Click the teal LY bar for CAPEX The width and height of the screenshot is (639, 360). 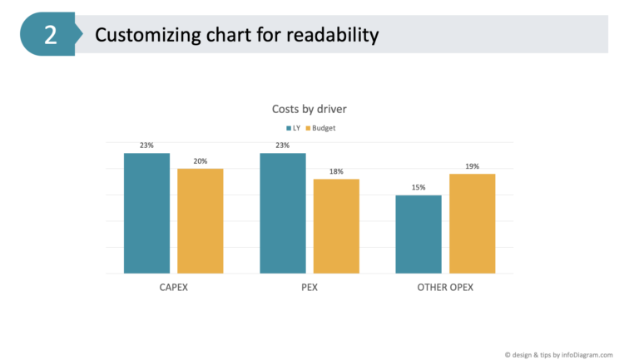(x=146, y=213)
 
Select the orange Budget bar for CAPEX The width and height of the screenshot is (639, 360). (x=200, y=221)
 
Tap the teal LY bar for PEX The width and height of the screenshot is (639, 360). (x=283, y=213)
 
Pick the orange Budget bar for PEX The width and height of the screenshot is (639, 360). (x=336, y=226)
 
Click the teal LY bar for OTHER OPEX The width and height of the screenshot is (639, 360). (x=419, y=234)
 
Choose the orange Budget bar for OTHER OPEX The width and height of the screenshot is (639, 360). (x=472, y=224)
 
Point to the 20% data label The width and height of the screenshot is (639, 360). (x=201, y=161)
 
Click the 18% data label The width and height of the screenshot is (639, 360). (x=336, y=171)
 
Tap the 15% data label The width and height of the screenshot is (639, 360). (x=419, y=187)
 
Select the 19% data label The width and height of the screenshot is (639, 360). (x=472, y=166)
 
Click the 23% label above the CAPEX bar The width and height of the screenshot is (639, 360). (x=146, y=145)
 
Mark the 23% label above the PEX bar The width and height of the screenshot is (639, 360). (x=283, y=145)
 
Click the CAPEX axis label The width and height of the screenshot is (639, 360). (x=173, y=288)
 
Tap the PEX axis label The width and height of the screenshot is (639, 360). (x=310, y=288)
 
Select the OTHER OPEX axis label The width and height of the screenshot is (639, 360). (x=445, y=288)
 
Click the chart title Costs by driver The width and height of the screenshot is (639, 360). (x=310, y=109)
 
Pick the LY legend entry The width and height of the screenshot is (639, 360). (x=293, y=128)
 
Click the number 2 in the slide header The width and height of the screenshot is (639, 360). (x=51, y=35)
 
